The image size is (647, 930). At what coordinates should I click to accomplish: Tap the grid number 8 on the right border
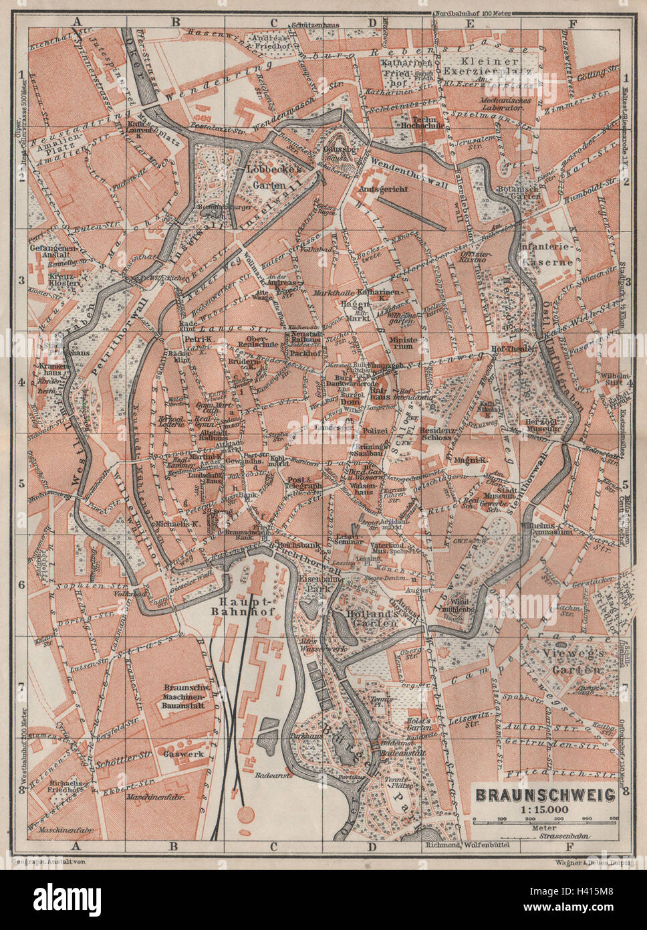tap(626, 791)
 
